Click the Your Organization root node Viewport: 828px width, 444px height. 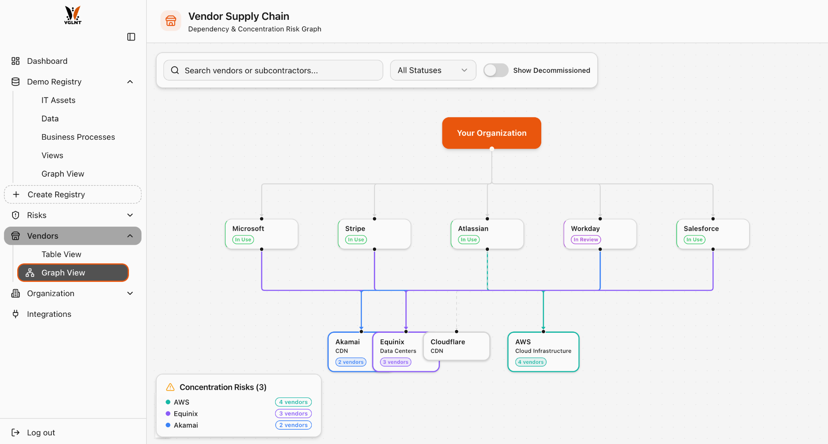tap(491, 133)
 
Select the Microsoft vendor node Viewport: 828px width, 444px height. tap(261, 234)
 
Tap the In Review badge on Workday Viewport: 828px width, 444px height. tap(586, 240)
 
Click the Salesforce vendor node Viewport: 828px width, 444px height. tap(712, 234)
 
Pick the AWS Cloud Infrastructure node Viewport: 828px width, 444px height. tap(543, 351)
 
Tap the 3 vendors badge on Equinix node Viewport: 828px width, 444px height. tap(395, 362)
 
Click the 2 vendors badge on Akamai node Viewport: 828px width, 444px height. tap(351, 362)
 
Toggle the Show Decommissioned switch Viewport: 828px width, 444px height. tap(496, 70)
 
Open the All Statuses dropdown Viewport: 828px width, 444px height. tap(433, 70)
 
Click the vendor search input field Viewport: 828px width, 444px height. tap(273, 70)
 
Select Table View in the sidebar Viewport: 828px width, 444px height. tap(61, 254)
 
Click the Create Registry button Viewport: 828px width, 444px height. tap(73, 194)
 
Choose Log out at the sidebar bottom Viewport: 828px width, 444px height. tap(41, 432)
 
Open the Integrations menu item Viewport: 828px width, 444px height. tap(49, 314)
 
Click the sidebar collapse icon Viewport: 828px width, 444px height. tap(131, 37)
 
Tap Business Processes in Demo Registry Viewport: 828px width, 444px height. tap(78, 137)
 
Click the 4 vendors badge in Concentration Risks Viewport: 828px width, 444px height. tap(293, 402)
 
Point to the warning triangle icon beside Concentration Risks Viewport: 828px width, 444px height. tap(170, 387)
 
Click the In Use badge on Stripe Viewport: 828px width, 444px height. tap(356, 240)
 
